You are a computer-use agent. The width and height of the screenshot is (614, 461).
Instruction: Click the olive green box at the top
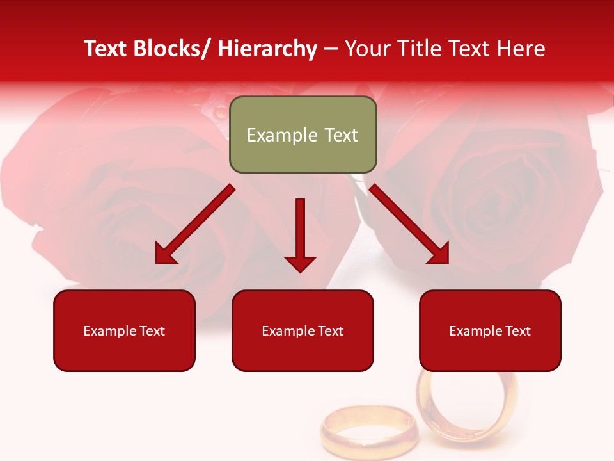303,134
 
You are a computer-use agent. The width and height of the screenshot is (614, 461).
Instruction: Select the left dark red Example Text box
124,330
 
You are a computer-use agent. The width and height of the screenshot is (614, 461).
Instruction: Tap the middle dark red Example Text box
303,330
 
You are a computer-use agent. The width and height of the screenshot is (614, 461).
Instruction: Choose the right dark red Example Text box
490,330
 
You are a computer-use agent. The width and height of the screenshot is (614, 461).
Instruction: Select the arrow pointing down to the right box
409,224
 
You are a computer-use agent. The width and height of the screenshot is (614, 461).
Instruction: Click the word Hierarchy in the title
267,49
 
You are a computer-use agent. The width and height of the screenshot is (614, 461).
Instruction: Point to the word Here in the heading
523,49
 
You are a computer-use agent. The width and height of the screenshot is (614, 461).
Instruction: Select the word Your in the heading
367,49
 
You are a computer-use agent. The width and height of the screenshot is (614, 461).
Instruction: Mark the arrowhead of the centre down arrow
300,263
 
